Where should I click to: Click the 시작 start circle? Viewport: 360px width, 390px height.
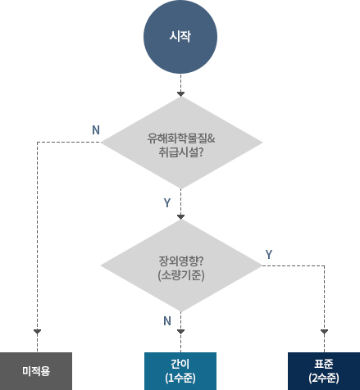(x=180, y=38)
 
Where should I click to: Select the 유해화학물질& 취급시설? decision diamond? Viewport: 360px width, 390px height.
(x=180, y=144)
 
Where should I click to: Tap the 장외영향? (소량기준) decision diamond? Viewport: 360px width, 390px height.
(x=180, y=267)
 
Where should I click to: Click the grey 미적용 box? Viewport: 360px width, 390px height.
(x=36, y=370)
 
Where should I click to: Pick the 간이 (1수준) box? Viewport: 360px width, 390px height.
(x=180, y=370)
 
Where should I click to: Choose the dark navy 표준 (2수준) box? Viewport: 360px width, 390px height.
(x=324, y=370)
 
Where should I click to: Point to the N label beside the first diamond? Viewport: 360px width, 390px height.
(x=96, y=129)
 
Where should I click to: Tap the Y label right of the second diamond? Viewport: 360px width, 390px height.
(x=268, y=256)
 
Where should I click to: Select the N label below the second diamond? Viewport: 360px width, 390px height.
(x=167, y=320)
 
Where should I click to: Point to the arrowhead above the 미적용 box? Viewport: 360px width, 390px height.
(x=37, y=332)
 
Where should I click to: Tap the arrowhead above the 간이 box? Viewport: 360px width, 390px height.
(x=180, y=332)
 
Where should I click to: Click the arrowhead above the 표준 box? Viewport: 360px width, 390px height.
(x=324, y=332)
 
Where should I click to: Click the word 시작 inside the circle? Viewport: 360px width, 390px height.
(x=180, y=38)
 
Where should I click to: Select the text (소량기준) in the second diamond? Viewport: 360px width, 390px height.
(x=180, y=275)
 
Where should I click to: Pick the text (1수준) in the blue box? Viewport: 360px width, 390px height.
(x=180, y=378)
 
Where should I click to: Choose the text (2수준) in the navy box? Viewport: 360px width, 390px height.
(x=324, y=378)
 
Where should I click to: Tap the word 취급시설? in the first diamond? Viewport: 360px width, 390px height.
(x=180, y=152)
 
